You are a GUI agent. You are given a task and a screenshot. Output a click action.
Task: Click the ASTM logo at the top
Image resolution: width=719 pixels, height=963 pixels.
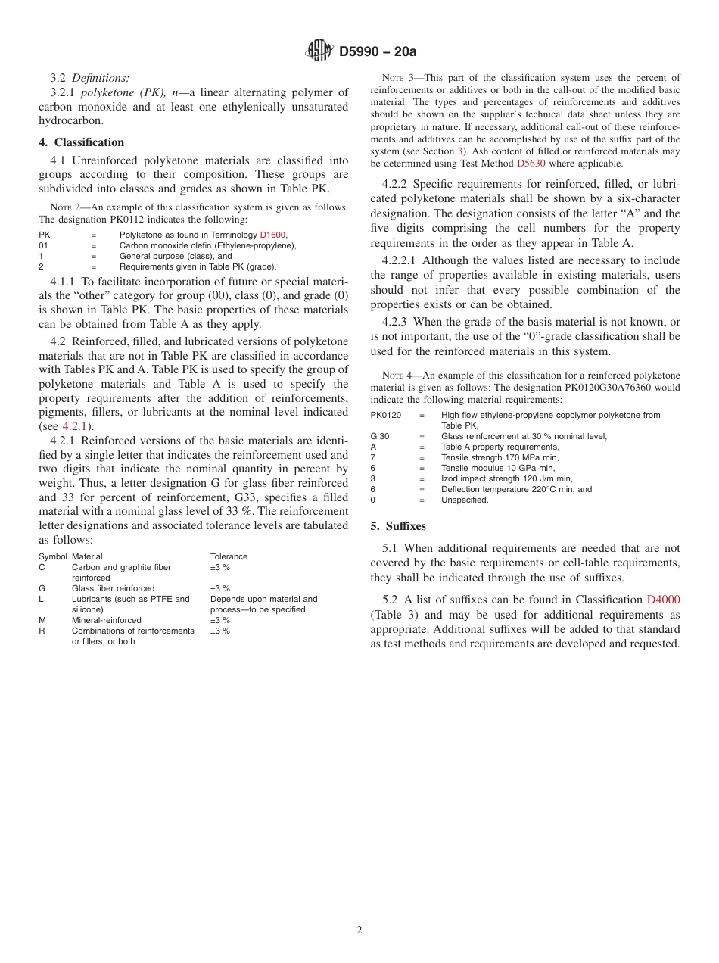coord(319,51)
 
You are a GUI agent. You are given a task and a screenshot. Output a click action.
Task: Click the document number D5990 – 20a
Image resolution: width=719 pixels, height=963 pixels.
coord(378,51)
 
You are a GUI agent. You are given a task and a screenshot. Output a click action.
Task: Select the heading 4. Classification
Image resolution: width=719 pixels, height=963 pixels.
coord(82,142)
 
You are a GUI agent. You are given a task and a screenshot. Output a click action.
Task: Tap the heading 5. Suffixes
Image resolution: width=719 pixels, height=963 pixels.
coord(398,526)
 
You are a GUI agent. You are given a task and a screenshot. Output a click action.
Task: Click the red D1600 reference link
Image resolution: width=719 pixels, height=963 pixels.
coord(273,235)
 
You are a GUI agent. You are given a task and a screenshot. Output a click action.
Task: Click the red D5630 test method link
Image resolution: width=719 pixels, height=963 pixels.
coord(531,163)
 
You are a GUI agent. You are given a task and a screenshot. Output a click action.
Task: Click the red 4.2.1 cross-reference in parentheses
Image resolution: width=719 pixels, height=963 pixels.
coord(76,426)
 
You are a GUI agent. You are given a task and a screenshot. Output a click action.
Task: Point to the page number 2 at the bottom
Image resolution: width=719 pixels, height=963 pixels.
coord(359,930)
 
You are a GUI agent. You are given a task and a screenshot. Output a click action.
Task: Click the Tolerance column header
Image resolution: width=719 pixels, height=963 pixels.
coord(229,556)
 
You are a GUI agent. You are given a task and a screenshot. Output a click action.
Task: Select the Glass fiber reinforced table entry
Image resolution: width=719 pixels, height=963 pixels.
coord(113,588)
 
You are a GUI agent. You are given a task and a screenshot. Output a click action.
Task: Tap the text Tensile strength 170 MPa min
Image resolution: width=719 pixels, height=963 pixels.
coord(500,457)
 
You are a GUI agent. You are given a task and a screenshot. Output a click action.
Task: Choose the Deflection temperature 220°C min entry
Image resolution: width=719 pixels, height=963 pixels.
coord(516,489)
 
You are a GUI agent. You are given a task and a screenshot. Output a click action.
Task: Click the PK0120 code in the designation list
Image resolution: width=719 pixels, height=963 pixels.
coord(386,415)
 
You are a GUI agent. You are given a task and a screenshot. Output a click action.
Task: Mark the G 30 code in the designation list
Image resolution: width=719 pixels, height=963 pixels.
coord(380,436)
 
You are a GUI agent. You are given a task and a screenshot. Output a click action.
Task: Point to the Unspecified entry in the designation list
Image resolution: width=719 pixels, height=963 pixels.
coord(465,500)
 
